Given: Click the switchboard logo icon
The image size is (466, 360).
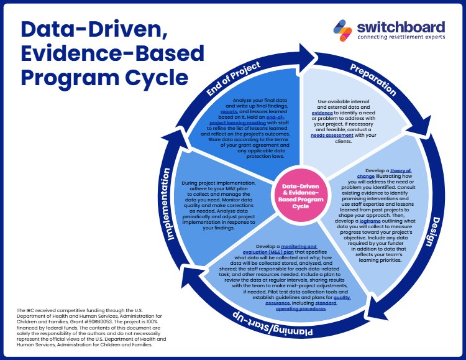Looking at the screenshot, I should (342, 29).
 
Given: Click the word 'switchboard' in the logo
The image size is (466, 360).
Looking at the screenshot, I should (400, 26).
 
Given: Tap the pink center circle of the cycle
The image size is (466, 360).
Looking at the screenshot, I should (301, 196).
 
